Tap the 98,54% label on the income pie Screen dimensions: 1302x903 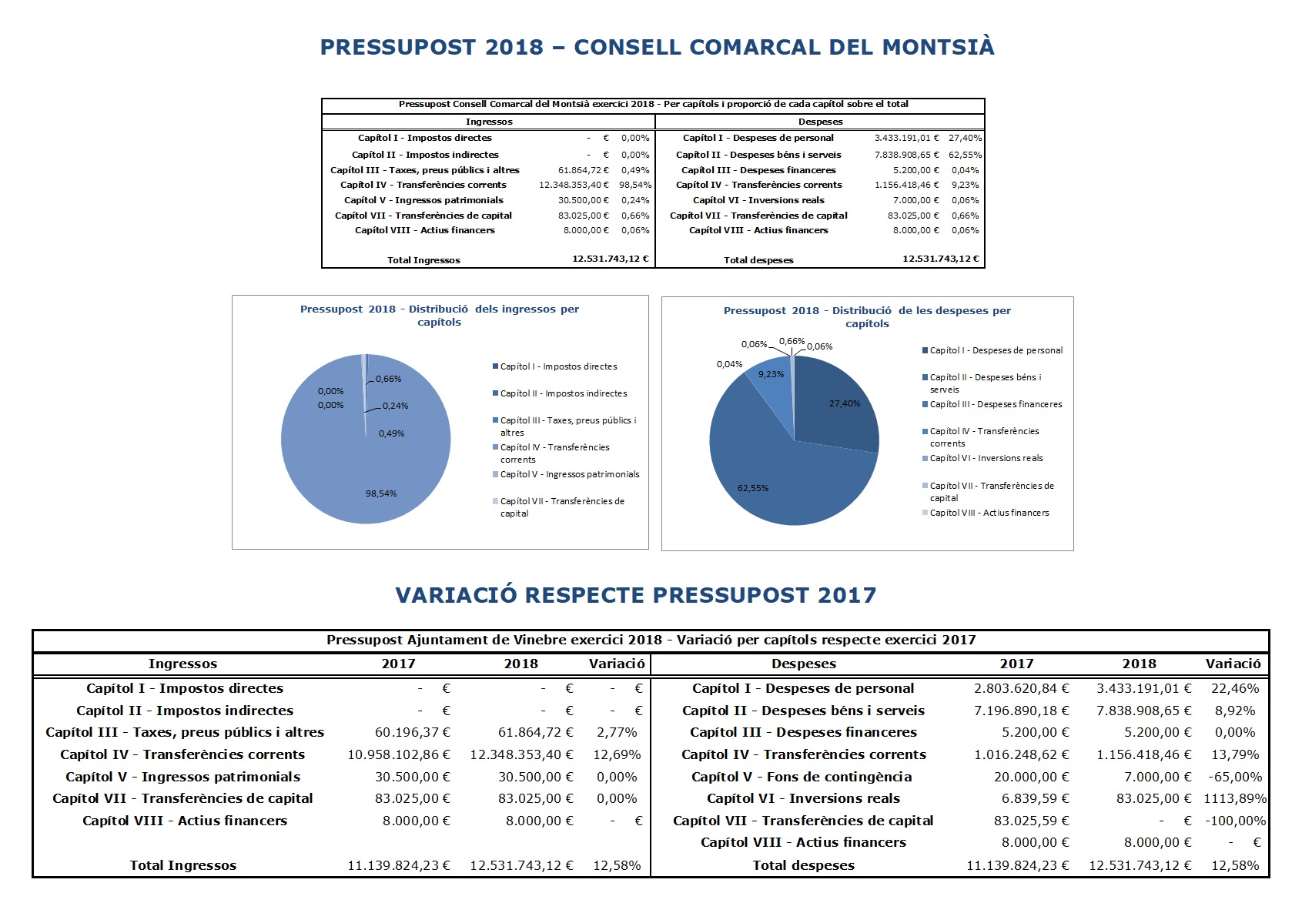380,493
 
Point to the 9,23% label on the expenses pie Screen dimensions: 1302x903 771,374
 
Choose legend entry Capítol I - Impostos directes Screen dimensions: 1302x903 554,366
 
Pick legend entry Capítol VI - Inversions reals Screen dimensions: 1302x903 982,458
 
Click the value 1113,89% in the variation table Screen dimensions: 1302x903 1234,798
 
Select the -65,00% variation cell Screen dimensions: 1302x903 1234,777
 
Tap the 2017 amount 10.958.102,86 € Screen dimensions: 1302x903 399,754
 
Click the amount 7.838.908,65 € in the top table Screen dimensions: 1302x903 907,155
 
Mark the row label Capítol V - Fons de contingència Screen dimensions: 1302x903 802,777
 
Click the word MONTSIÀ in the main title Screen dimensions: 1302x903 938,47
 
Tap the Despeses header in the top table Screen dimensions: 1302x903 820,122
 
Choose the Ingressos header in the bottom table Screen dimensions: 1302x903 182,664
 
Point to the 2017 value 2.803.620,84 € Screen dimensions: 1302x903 1021,688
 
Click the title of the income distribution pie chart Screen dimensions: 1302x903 440,316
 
